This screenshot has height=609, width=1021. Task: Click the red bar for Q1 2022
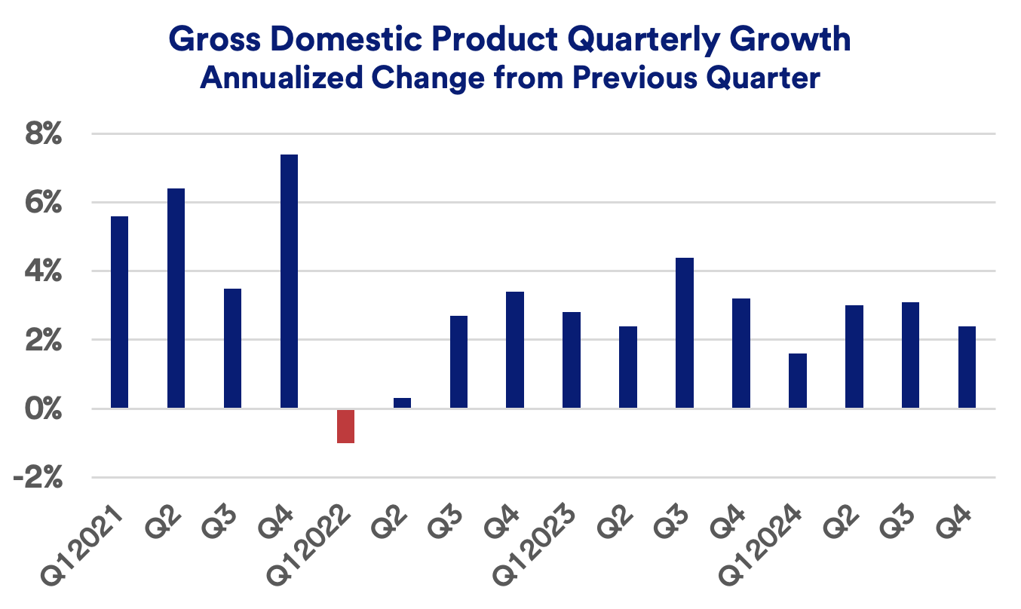[345, 426]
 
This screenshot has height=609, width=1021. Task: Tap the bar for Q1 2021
[119, 312]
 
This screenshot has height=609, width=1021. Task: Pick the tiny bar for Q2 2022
[402, 402]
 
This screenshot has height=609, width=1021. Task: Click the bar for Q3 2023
[685, 332]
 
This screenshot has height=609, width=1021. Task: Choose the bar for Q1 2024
[798, 381]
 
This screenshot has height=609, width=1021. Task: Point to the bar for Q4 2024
[967, 367]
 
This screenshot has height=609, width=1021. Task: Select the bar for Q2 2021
[176, 298]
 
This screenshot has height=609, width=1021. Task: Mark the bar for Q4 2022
[515, 350]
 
